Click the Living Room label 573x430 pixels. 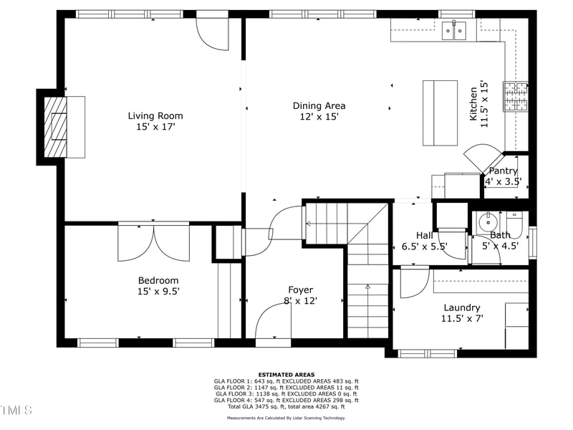click(155, 115)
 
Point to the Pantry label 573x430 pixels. click(503, 171)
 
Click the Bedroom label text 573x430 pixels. click(158, 280)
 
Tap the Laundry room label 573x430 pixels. click(462, 307)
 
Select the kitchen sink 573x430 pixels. click(453, 30)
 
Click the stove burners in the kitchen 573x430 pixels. click(516, 96)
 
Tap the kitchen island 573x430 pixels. click(440, 113)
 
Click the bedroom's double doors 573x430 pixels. click(153, 242)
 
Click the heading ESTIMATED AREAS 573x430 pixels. click(286, 374)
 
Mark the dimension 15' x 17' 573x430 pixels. click(155, 126)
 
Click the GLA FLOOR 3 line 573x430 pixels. click(286, 393)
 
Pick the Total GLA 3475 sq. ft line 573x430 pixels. click(286, 406)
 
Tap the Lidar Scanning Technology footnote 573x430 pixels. click(286, 417)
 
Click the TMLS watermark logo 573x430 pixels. click(16, 410)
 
